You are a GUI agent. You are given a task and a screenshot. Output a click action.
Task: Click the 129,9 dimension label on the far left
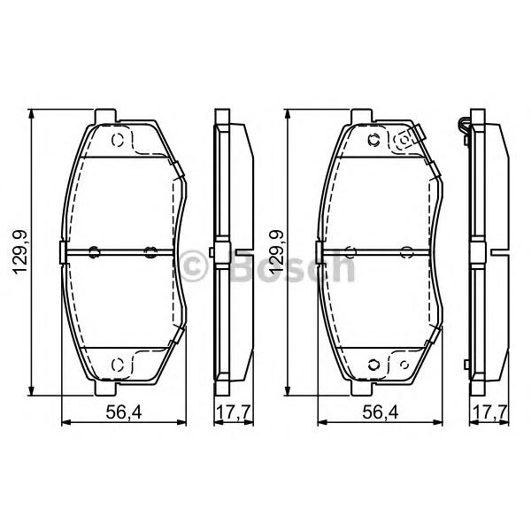(x=20, y=252)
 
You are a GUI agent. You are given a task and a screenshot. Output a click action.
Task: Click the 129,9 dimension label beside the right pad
(x=276, y=252)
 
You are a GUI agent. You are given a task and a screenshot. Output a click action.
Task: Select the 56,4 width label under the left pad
(x=124, y=412)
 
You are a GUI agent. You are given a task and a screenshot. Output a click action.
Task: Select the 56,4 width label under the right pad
(x=381, y=412)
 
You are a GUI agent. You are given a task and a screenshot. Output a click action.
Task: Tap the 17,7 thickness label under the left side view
(x=234, y=412)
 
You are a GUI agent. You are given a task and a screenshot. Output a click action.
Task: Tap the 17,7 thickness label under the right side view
(x=490, y=412)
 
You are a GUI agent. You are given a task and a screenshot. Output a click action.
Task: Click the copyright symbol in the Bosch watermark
(x=194, y=265)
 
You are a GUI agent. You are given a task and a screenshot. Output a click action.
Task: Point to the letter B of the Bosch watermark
(x=244, y=266)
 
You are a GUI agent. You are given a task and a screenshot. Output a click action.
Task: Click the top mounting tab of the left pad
(x=105, y=116)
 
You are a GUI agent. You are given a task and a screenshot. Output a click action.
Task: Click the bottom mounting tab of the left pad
(x=105, y=389)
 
